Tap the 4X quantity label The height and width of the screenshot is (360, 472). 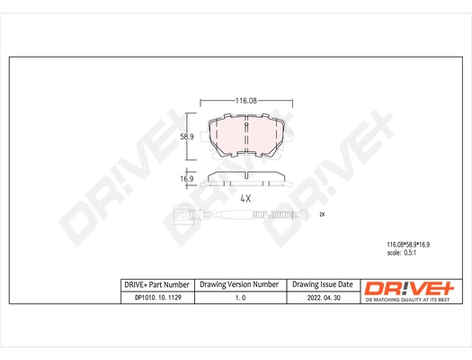(245, 197)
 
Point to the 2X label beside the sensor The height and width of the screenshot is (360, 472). (321, 215)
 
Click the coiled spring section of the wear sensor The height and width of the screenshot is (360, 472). (281, 215)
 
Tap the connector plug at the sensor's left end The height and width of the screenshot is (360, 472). (185, 215)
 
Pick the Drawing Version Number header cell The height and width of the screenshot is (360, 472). (238, 283)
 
